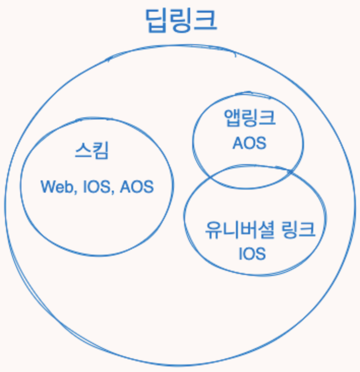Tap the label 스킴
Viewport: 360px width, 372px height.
click(91, 151)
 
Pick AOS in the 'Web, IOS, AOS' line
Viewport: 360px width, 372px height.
click(136, 187)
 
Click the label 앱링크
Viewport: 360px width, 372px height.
click(250, 119)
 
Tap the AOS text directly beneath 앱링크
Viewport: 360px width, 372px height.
click(249, 143)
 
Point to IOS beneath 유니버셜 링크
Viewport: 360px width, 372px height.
click(252, 253)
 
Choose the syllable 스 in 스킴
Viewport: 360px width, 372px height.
click(83, 151)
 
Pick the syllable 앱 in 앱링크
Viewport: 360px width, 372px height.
click(232, 119)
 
